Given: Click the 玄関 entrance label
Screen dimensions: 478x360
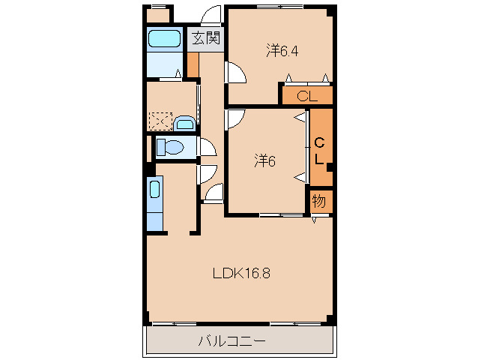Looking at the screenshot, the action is tap(206, 39).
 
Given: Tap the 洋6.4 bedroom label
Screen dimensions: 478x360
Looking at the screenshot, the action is tap(282, 51).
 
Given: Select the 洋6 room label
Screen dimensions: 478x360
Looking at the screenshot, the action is tap(265, 160).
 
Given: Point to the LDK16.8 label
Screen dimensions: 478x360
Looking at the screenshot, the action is tap(241, 273).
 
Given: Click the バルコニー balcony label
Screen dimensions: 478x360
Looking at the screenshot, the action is tap(232, 340).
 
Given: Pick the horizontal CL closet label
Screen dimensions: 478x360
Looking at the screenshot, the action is tap(307, 97).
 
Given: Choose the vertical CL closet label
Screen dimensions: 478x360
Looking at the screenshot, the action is tap(319, 151).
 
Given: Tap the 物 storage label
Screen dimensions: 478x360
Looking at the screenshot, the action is tap(319, 201).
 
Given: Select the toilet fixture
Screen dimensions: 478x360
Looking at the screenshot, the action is tap(170, 148).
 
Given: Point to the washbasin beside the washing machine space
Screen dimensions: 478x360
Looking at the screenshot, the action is tap(184, 123).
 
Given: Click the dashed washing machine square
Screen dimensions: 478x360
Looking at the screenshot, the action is tap(160, 121).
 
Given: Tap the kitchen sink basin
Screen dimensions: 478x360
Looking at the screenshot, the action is tap(155, 190).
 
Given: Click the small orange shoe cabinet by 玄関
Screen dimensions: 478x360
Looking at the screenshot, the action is tap(193, 65).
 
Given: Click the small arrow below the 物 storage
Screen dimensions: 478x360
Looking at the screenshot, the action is tap(315, 220).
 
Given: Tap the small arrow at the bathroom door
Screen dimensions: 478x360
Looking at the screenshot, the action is tap(178, 73).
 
